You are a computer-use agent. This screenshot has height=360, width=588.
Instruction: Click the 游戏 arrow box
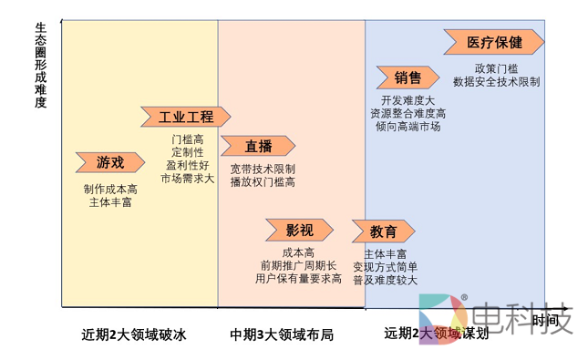pyautogui.click(x=109, y=162)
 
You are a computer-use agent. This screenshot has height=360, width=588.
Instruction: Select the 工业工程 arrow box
pyautogui.click(x=186, y=117)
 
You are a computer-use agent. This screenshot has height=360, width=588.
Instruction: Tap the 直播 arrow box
pyautogui.click(x=259, y=146)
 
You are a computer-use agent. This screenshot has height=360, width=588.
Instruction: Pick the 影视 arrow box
pyautogui.click(x=299, y=229)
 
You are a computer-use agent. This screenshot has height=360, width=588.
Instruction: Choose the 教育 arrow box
pyautogui.click(x=384, y=231)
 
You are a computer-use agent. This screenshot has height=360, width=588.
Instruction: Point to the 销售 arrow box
pyautogui.click(x=408, y=77)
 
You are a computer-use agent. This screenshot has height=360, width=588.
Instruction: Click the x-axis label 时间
pyautogui.click(x=546, y=320)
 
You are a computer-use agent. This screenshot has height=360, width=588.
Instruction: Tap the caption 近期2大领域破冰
pyautogui.click(x=133, y=334)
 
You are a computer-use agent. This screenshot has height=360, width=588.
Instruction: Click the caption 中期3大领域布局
pyautogui.click(x=282, y=334)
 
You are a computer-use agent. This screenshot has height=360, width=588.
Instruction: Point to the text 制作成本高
pyautogui.click(x=110, y=189)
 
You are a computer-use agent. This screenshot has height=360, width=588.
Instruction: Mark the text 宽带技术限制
pyautogui.click(x=263, y=169)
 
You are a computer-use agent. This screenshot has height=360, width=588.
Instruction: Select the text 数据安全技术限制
pyautogui.click(x=495, y=81)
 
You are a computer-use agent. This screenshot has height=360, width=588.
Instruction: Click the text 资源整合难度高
pyautogui.click(x=407, y=113)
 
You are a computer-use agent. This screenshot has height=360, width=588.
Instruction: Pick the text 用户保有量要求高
pyautogui.click(x=298, y=278)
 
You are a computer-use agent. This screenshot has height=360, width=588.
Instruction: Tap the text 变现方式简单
pyautogui.click(x=386, y=266)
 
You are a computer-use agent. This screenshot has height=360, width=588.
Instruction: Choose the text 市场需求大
pyautogui.click(x=187, y=178)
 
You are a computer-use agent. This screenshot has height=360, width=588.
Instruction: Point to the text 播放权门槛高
pyautogui.click(x=263, y=182)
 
